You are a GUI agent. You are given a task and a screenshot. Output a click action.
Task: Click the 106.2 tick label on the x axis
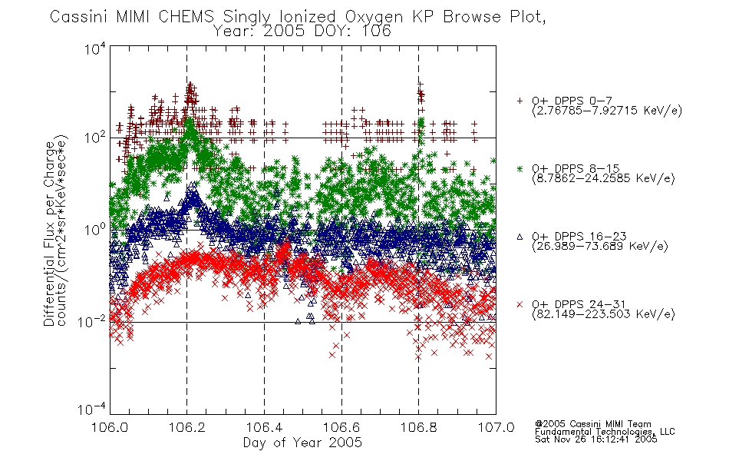(x=187, y=427)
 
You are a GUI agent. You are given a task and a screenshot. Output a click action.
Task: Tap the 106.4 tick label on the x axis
(x=264, y=427)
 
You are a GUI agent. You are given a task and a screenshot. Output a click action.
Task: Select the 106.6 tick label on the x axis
(x=341, y=427)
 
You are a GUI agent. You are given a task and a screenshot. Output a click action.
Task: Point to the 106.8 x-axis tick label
(x=418, y=427)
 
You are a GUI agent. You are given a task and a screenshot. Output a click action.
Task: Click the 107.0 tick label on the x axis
(x=496, y=427)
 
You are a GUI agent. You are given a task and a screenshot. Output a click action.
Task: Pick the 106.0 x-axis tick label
(x=110, y=427)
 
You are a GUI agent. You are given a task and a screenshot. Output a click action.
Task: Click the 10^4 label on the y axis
(x=95, y=48)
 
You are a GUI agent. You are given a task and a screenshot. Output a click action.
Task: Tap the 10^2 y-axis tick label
(x=95, y=138)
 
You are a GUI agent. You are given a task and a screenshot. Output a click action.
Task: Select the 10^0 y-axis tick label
(x=95, y=230)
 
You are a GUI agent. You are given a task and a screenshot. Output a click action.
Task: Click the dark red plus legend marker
(x=520, y=101)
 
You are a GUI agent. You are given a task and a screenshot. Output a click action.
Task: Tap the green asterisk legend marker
(x=520, y=168)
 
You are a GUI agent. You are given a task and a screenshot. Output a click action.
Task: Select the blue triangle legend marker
(x=520, y=237)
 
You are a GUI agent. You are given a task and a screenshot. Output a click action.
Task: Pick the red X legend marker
(x=520, y=304)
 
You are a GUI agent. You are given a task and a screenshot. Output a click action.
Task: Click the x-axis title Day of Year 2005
(x=302, y=443)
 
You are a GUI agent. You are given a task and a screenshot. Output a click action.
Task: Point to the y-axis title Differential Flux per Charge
(x=49, y=234)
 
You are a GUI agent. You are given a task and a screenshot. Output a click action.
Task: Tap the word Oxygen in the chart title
(x=374, y=17)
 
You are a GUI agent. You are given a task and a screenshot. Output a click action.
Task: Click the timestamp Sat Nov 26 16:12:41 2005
(x=596, y=439)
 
